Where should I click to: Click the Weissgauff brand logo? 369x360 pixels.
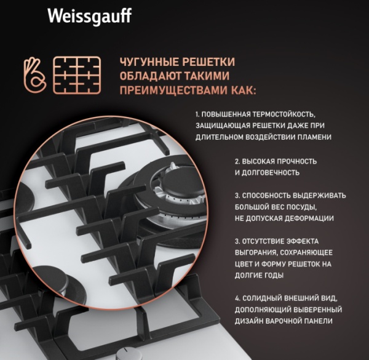click(90, 17)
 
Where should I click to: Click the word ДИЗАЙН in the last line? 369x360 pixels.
click(248, 321)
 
